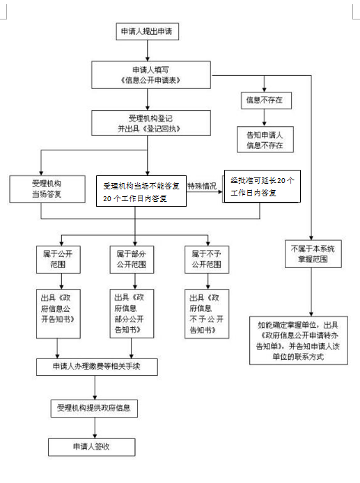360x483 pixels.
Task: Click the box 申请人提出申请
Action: click(x=146, y=31)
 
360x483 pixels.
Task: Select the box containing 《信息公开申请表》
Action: click(x=146, y=74)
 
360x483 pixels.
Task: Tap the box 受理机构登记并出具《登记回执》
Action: click(x=146, y=123)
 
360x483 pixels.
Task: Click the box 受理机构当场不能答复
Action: click(x=141, y=191)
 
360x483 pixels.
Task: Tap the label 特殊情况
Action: click(x=201, y=187)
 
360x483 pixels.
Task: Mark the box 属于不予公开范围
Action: click(x=205, y=260)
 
